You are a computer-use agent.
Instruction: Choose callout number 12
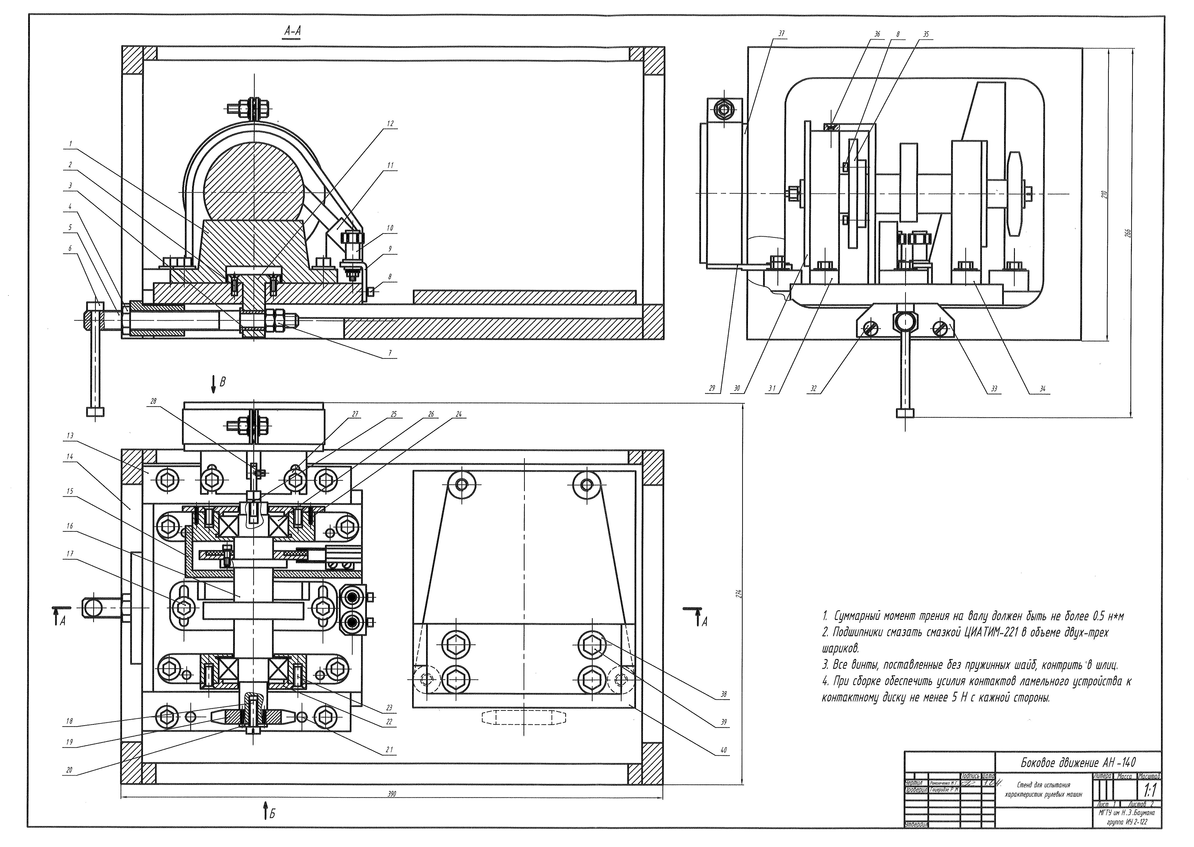click(x=390, y=124)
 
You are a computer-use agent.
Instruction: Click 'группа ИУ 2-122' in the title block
click(x=1127, y=822)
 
